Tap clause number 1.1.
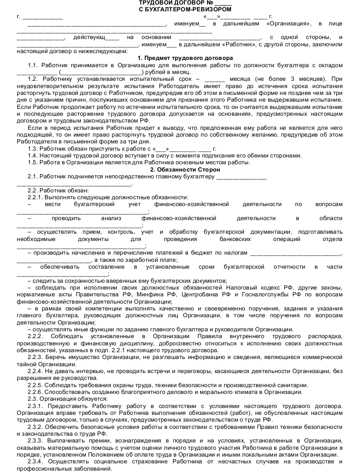tap(33, 65)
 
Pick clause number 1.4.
tap(33, 155)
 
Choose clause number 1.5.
tap(33, 162)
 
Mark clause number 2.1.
tap(33, 176)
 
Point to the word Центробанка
tap(202, 295)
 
